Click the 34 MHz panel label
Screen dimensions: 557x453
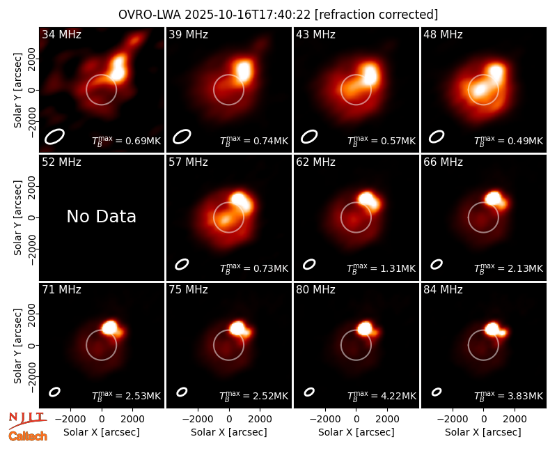click(x=61, y=34)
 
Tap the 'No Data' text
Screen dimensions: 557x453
click(x=101, y=216)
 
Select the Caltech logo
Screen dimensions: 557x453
click(x=28, y=436)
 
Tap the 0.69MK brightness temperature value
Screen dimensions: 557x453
click(x=138, y=141)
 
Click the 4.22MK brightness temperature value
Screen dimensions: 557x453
click(x=393, y=396)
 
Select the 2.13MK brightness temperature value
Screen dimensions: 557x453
click(x=520, y=268)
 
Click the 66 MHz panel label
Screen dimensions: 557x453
click(x=443, y=162)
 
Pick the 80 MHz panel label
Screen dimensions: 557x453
click(x=315, y=290)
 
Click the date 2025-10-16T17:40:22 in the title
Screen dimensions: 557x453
click(x=247, y=15)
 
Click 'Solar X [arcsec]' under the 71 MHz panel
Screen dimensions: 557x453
click(x=101, y=432)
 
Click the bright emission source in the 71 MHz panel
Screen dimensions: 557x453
click(x=110, y=328)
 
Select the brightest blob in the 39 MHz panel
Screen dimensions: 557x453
click(x=244, y=70)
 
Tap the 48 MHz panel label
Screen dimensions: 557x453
click(x=443, y=34)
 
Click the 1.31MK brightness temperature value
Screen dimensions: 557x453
click(x=393, y=268)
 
